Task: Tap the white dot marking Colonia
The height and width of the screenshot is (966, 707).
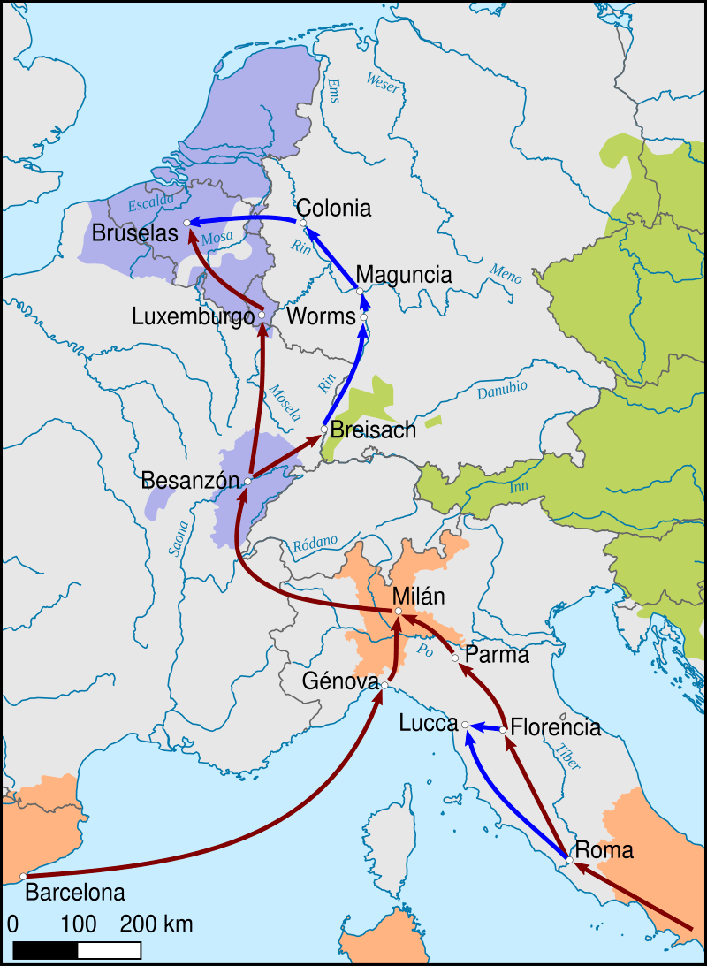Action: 302,223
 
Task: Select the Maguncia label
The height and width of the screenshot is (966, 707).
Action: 404,275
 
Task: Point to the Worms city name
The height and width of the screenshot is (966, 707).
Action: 321,316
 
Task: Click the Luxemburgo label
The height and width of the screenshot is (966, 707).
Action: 193,316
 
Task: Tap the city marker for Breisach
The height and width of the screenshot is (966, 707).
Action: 324,430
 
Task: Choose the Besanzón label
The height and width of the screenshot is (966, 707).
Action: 191,481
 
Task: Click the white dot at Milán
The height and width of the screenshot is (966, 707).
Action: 399,611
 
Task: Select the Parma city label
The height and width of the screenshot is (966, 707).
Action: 497,656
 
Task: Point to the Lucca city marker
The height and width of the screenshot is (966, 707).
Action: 466,725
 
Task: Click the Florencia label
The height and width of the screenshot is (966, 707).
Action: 556,728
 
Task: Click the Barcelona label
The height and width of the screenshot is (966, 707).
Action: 75,893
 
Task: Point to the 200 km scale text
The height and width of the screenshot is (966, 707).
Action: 156,925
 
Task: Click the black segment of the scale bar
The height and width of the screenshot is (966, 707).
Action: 46,950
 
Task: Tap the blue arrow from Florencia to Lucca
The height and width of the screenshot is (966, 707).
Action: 486,726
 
